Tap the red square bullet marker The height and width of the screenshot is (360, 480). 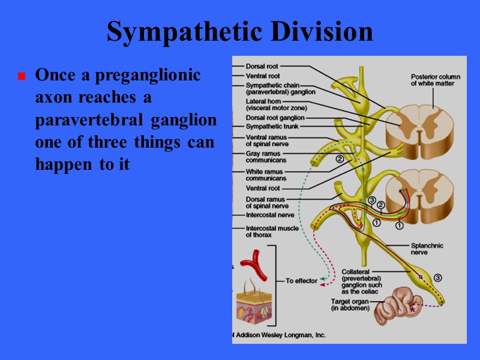point(21,77)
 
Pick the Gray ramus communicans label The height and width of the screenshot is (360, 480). point(266,157)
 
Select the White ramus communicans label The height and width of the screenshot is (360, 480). point(266,175)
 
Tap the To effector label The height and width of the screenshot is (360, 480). point(301,281)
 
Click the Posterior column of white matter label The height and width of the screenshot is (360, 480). point(433,80)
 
